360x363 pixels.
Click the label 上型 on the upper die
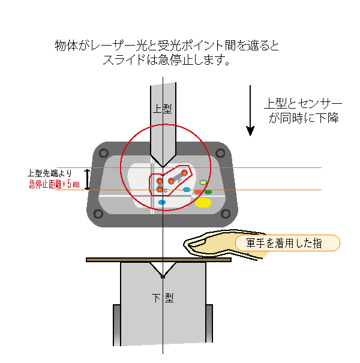point(163,109)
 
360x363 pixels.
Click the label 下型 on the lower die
point(163,298)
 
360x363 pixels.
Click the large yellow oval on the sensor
point(203,203)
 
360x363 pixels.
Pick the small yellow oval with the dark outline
point(203,182)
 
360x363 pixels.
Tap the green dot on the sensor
point(208,192)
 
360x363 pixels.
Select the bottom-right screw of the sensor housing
point(226,213)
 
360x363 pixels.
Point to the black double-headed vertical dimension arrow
point(87,179)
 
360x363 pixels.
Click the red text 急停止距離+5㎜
point(54,184)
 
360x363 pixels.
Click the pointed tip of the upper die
point(163,166)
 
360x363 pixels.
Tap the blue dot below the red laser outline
point(162,203)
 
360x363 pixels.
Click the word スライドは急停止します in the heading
point(167,61)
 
